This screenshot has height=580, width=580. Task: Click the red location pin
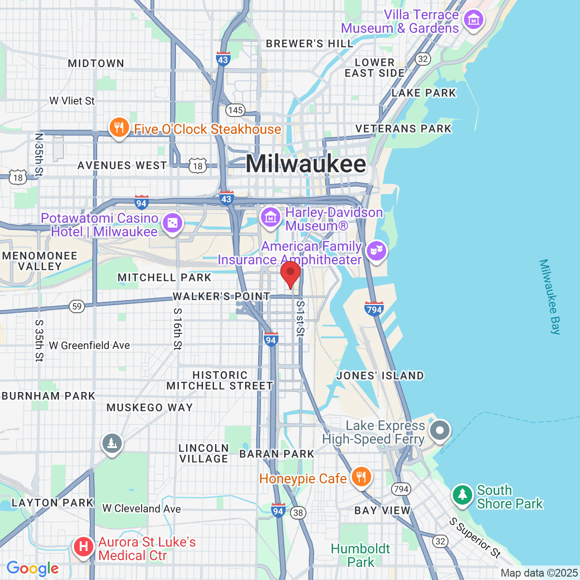click(290, 273)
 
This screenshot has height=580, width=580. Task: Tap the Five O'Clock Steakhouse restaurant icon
click(118, 128)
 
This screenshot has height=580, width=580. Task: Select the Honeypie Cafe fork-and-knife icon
click(361, 477)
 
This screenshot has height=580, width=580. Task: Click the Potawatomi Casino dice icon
click(173, 223)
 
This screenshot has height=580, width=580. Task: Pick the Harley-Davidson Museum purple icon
click(270, 217)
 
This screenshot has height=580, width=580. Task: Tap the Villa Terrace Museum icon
click(473, 20)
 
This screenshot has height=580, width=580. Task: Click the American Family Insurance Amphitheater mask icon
click(376, 251)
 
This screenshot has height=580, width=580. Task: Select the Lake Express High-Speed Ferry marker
click(439, 430)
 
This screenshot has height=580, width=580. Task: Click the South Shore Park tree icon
click(463, 495)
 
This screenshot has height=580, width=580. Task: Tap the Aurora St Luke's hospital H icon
click(84, 547)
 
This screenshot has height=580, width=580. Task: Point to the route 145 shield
click(235, 110)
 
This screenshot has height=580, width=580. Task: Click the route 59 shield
click(77, 306)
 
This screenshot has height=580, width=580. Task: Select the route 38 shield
click(298, 513)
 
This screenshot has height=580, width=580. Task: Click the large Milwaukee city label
click(306, 164)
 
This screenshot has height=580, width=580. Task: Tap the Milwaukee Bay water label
click(550, 297)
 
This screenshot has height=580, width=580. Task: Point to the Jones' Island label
click(380, 376)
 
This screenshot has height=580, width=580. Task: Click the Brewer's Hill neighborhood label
click(310, 43)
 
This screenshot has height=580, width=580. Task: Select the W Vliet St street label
click(72, 101)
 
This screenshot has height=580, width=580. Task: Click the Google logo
click(32, 568)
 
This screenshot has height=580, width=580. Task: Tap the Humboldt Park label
click(361, 555)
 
